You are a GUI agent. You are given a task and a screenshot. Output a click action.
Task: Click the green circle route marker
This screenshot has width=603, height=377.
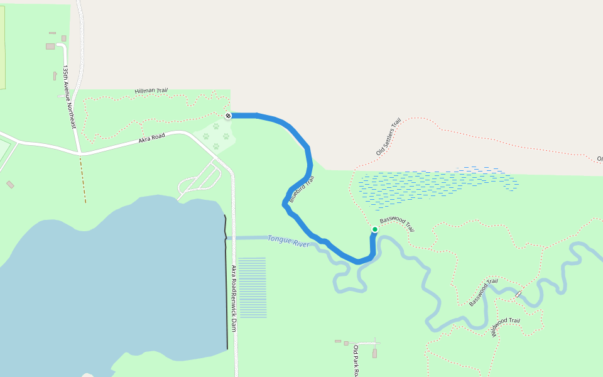[x=375, y=229]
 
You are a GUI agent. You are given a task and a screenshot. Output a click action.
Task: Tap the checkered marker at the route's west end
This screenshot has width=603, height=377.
[x=228, y=116]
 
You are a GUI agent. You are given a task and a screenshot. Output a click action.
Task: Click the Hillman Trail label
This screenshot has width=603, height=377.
[x=151, y=91]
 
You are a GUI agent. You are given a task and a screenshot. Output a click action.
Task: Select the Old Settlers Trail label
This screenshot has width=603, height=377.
[x=388, y=136]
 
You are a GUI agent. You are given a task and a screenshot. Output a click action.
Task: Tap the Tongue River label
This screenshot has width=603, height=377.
[x=288, y=241]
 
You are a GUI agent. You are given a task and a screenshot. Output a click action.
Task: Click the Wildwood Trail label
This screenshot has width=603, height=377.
[x=506, y=327]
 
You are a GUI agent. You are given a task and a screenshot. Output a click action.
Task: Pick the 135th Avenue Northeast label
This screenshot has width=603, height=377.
[x=69, y=97]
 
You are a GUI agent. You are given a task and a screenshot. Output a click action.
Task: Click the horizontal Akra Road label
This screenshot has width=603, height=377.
[x=151, y=138]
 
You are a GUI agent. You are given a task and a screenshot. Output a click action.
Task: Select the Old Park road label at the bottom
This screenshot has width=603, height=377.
[x=356, y=361]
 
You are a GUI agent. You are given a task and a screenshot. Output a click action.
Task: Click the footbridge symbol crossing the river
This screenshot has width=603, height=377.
[x=519, y=294]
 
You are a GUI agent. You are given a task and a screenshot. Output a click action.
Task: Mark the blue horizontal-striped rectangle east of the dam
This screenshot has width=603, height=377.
[x=252, y=287]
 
